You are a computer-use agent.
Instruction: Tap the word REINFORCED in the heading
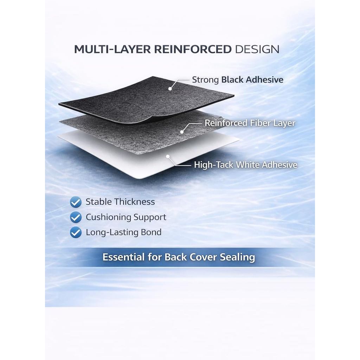[193, 49]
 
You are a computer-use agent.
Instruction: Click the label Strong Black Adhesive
[238, 80]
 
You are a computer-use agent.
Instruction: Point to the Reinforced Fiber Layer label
[250, 123]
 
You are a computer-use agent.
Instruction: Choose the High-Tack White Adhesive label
[245, 165]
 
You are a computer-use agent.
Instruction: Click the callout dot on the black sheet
[170, 89]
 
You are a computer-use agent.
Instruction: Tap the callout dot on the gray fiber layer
[182, 132]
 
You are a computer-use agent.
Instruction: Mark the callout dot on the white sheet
[168, 156]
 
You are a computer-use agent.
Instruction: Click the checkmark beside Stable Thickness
[76, 202]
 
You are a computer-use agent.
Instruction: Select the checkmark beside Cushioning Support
[76, 217]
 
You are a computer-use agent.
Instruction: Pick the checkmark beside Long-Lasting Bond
[76, 232]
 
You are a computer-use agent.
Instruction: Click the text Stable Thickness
[120, 202]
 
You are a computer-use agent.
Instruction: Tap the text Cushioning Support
[126, 217]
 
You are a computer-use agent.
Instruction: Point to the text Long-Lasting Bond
[123, 232]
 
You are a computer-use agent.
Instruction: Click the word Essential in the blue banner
[123, 257]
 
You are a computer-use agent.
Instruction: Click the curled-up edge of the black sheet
[147, 120]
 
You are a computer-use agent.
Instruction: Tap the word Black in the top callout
[232, 80]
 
